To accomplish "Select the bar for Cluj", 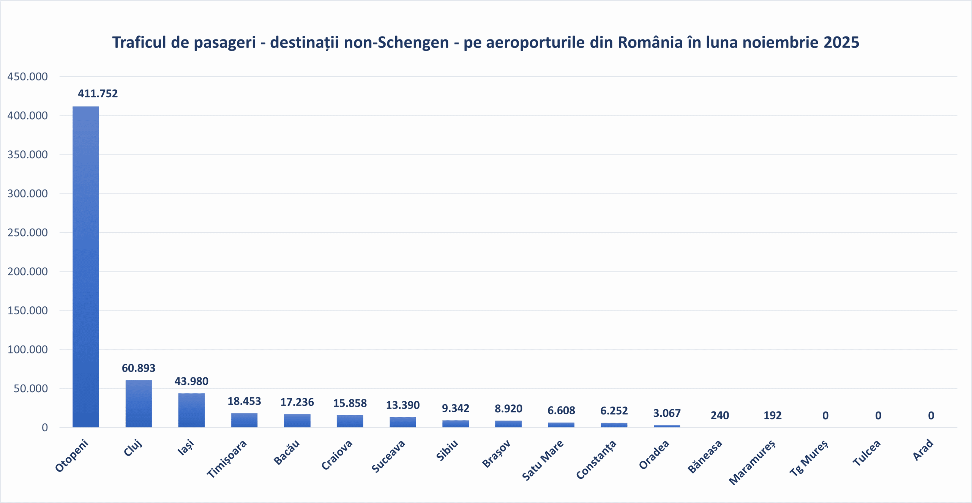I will pyautogui.click(x=139, y=404).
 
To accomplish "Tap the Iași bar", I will pyautogui.click(x=191, y=410).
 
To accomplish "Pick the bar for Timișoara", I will pyautogui.click(x=244, y=420).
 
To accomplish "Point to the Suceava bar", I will pyautogui.click(x=402, y=422).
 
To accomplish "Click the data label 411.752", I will pyautogui.click(x=98, y=93).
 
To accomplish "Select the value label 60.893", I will pyautogui.click(x=139, y=368).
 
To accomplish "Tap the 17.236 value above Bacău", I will pyautogui.click(x=297, y=402).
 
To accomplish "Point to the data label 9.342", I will pyautogui.click(x=455, y=408).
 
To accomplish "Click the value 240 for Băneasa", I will pyautogui.click(x=720, y=415).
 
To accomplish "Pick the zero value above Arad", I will pyautogui.click(x=931, y=416).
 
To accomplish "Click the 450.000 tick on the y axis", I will pyautogui.click(x=28, y=77).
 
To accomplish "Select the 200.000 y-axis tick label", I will pyautogui.click(x=28, y=271).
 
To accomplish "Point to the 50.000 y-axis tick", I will pyautogui.click(x=31, y=388).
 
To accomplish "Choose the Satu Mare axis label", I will pyautogui.click(x=543, y=460).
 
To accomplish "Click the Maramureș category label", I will pyautogui.click(x=753, y=462).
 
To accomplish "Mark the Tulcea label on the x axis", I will pyautogui.click(x=866, y=453).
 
